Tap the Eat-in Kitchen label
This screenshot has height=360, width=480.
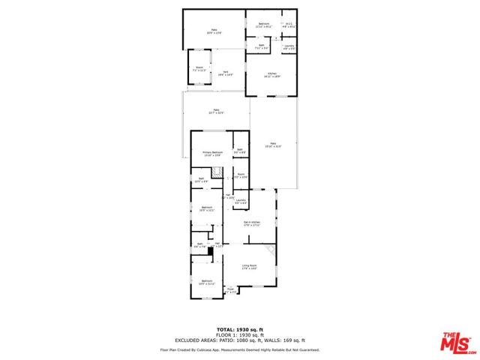coord(251,223)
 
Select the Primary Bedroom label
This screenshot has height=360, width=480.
coord(212,154)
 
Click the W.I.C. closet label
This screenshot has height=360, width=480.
coord(289,25)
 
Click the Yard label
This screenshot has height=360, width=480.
coord(225,73)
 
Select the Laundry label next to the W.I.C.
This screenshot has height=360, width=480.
coord(289,47)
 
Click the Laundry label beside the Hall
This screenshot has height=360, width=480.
coord(241,201)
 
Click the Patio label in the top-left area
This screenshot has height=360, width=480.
coord(214,31)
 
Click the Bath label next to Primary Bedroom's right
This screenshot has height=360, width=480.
coord(240,151)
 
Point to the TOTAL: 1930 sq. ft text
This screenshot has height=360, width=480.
coord(239,329)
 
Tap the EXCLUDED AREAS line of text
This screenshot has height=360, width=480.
coord(239,341)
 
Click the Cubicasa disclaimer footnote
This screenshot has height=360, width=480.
coord(239,349)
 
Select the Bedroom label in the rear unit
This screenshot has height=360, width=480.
coord(264,25)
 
